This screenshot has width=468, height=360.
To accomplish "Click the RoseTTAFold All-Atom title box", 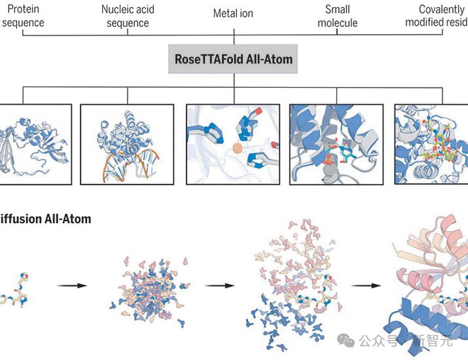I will [233, 60].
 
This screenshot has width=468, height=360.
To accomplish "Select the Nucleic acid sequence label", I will [128, 17].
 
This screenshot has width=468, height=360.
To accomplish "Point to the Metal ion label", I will [233, 13].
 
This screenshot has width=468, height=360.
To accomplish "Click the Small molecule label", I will [338, 17].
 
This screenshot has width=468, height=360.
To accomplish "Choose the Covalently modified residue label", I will [436, 17].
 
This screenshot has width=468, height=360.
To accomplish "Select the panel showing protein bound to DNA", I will [127, 144].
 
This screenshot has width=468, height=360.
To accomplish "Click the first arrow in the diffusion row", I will [72, 286].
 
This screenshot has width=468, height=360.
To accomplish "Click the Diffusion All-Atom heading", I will [45, 219].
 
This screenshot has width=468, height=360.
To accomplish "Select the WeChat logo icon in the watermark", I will [346, 340].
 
